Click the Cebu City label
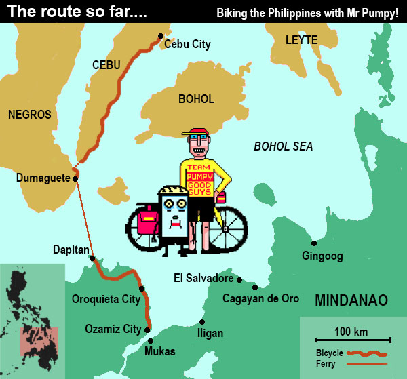[x=187, y=45]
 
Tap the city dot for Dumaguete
[x=75, y=178]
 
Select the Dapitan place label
[x=71, y=250]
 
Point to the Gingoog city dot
[x=313, y=243]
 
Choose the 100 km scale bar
[x=351, y=339]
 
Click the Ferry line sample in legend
[x=367, y=364]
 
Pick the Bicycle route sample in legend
[x=367, y=353]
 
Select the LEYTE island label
[x=301, y=40]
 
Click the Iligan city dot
[x=201, y=322]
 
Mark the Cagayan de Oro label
[x=261, y=298]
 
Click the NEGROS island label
[x=29, y=115]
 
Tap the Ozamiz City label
[x=113, y=330]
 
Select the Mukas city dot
[x=150, y=340]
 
